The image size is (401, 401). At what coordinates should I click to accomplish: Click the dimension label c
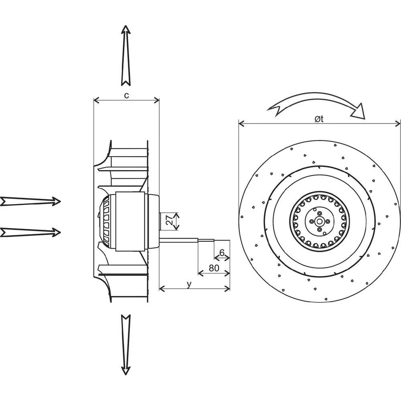pyautogui.click(x=126, y=95)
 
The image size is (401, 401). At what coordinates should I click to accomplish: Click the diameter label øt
pyautogui.click(x=319, y=118)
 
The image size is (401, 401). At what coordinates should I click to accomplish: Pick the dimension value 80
pyautogui.click(x=214, y=268)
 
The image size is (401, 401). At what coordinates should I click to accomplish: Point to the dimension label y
pyautogui.click(x=188, y=284)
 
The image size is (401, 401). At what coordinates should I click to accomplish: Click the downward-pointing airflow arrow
pyautogui.click(x=126, y=345)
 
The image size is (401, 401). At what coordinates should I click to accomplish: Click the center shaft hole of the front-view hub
pyautogui.click(x=319, y=221)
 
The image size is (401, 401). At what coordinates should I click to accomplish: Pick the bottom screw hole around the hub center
pyautogui.click(x=319, y=229)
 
